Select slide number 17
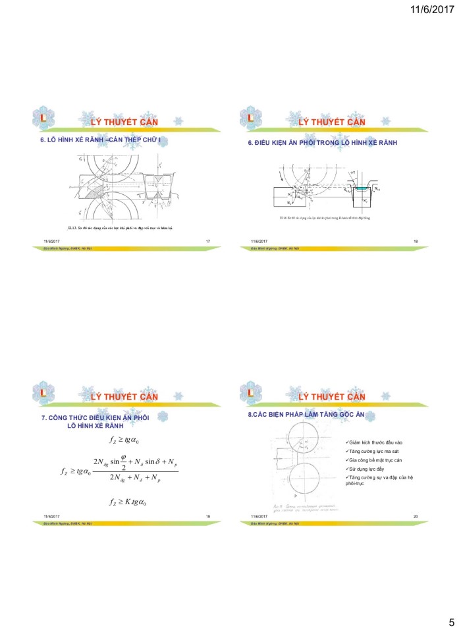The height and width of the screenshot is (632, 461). (208, 242)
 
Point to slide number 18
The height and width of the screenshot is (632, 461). (416, 242)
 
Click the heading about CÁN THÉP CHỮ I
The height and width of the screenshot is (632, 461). (105, 142)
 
